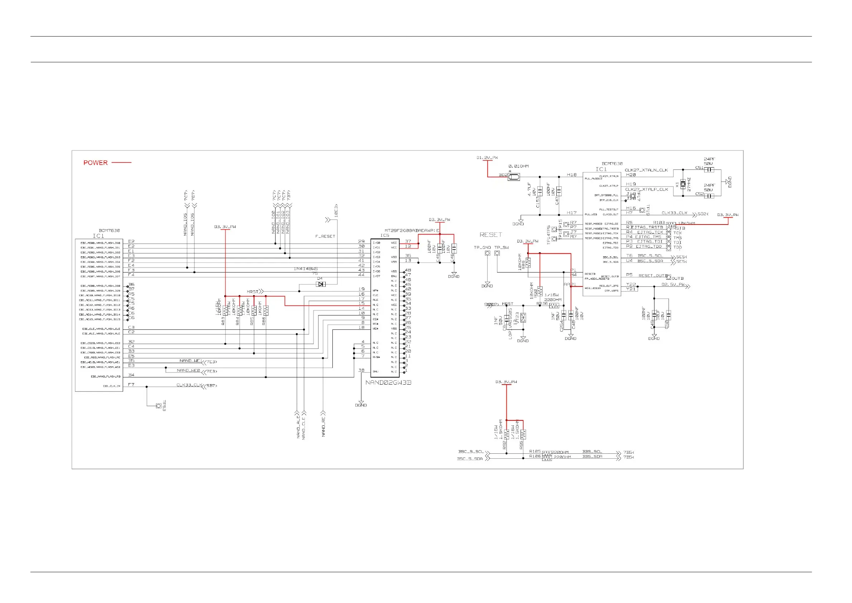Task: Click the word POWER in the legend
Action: (x=96, y=163)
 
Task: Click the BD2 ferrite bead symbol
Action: (x=514, y=177)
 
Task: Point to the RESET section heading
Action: (x=491, y=235)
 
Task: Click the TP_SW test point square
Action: (x=497, y=253)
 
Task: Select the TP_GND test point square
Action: (x=487, y=253)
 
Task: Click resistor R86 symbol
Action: (x=266, y=310)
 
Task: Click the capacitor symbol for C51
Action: (x=709, y=170)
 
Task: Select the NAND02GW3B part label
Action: (x=388, y=382)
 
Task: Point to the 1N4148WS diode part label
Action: (x=306, y=269)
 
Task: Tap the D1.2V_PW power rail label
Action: (x=487, y=158)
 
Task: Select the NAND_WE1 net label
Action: (x=190, y=361)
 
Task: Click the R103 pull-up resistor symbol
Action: (x=671, y=224)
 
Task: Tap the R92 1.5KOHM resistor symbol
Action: (x=507, y=434)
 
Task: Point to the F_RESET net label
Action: (x=325, y=237)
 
